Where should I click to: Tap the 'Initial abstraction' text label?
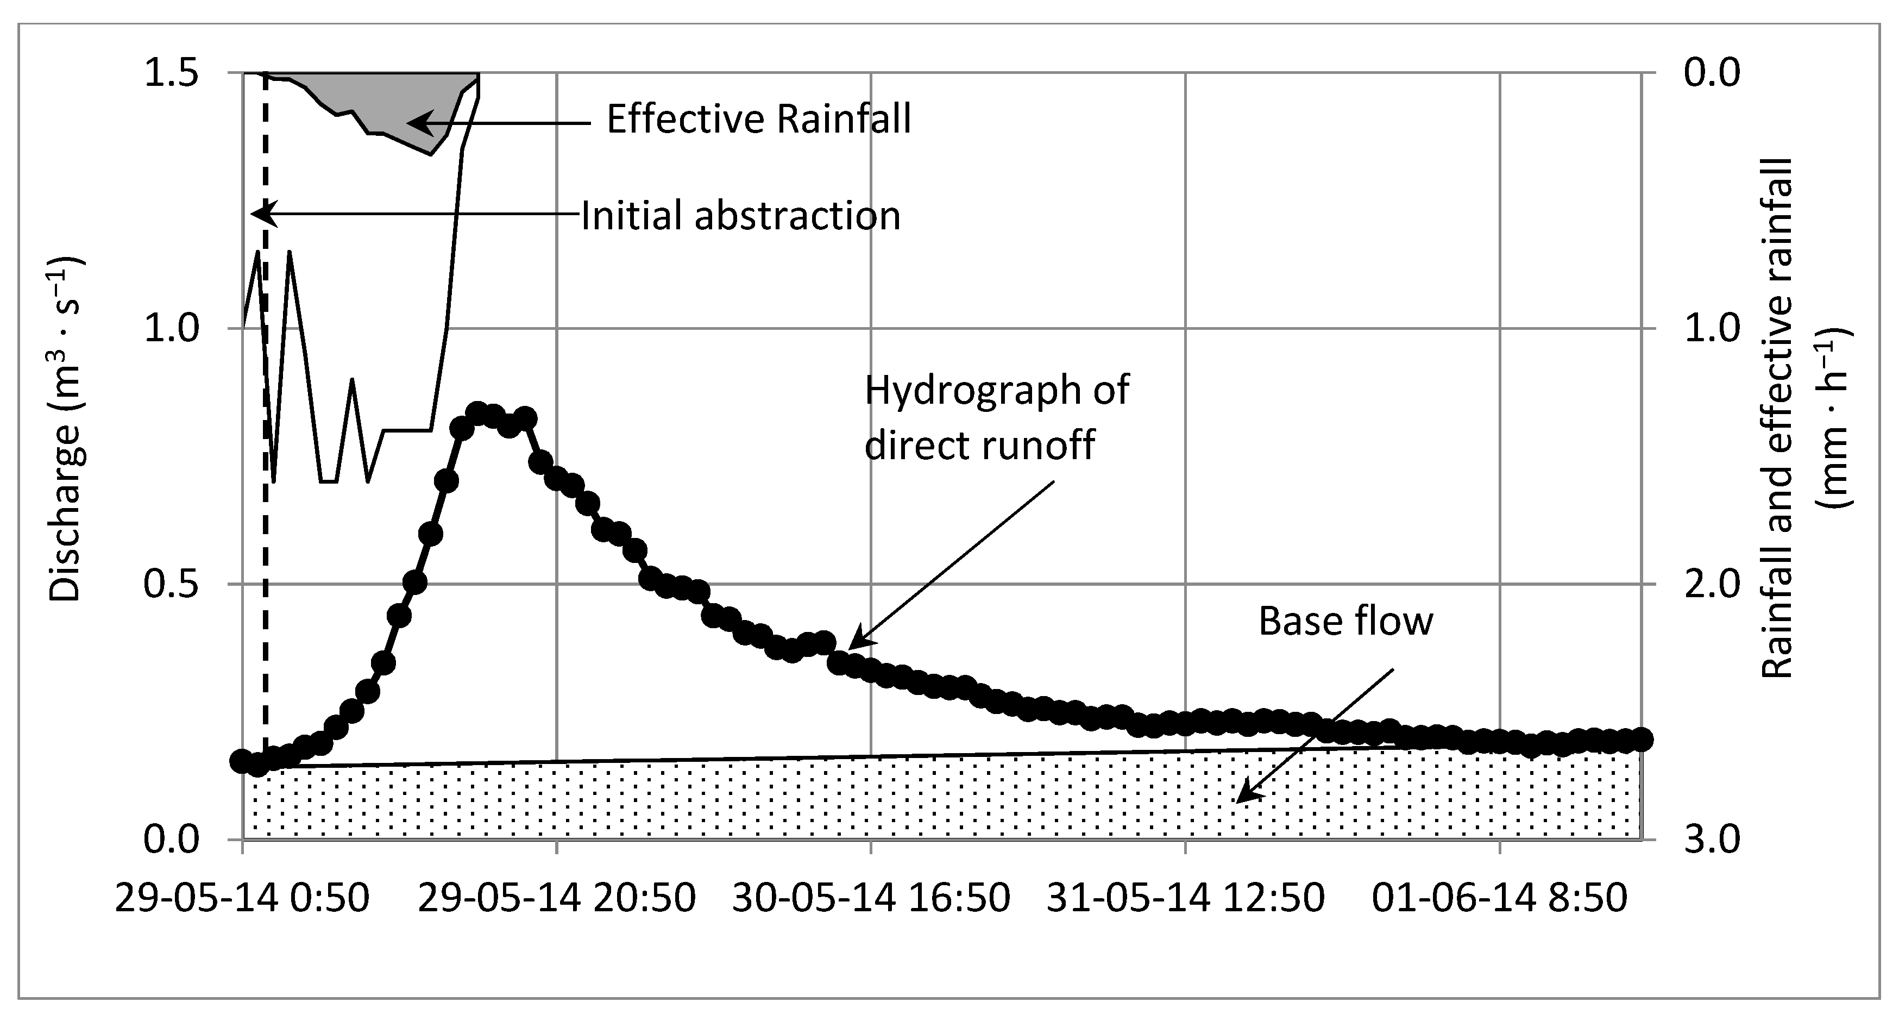pyautogui.click(x=740, y=217)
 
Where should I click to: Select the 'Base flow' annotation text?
pyautogui.click(x=1345, y=622)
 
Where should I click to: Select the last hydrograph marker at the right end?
pyautogui.click(x=1641, y=738)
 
